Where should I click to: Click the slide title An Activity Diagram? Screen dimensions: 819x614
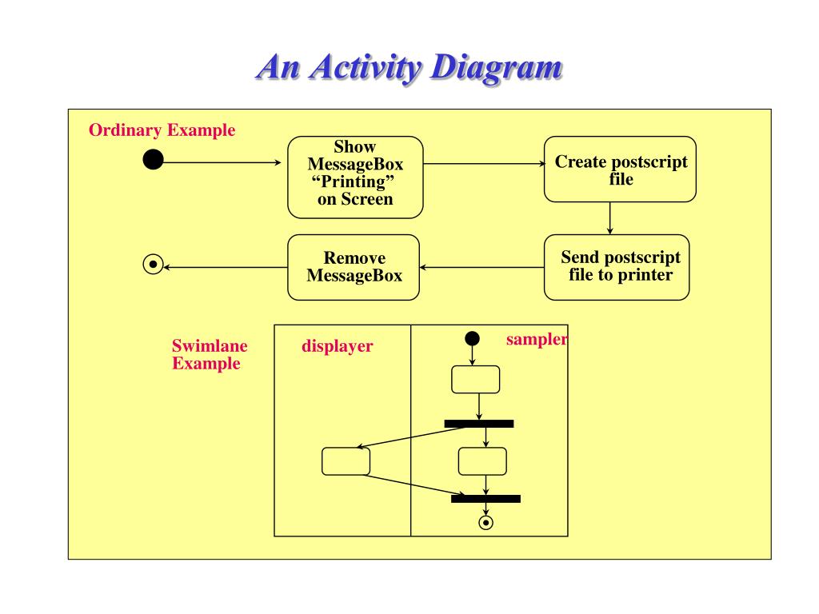[x=409, y=68]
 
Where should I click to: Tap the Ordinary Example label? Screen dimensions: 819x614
[x=162, y=130]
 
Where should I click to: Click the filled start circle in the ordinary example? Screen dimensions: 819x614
[x=153, y=159]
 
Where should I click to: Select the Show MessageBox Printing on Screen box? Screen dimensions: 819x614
[x=355, y=177]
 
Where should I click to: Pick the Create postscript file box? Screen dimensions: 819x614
[x=620, y=169]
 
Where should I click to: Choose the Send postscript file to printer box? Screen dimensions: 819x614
[x=617, y=267]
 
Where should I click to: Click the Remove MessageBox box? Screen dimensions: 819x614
[x=354, y=267]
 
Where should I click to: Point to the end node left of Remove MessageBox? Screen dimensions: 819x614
[x=153, y=264]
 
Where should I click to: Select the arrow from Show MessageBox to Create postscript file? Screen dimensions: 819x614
[x=484, y=164]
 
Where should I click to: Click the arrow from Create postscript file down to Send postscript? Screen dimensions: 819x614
[x=610, y=218]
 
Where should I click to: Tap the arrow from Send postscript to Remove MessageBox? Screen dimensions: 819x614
[x=481, y=267]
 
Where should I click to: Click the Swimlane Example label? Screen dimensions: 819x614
[x=210, y=354]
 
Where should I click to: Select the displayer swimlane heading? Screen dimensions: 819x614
[x=338, y=346]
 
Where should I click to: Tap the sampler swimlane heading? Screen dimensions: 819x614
[x=537, y=339]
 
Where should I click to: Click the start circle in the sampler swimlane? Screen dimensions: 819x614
[x=472, y=338]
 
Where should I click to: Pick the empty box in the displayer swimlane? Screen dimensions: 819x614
[x=346, y=461]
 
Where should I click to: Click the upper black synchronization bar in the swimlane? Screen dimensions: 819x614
[x=479, y=424]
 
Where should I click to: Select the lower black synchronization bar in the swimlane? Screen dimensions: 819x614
[x=485, y=499]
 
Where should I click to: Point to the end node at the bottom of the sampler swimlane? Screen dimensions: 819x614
[x=485, y=523]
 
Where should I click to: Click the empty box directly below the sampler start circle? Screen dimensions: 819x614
[x=475, y=380]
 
